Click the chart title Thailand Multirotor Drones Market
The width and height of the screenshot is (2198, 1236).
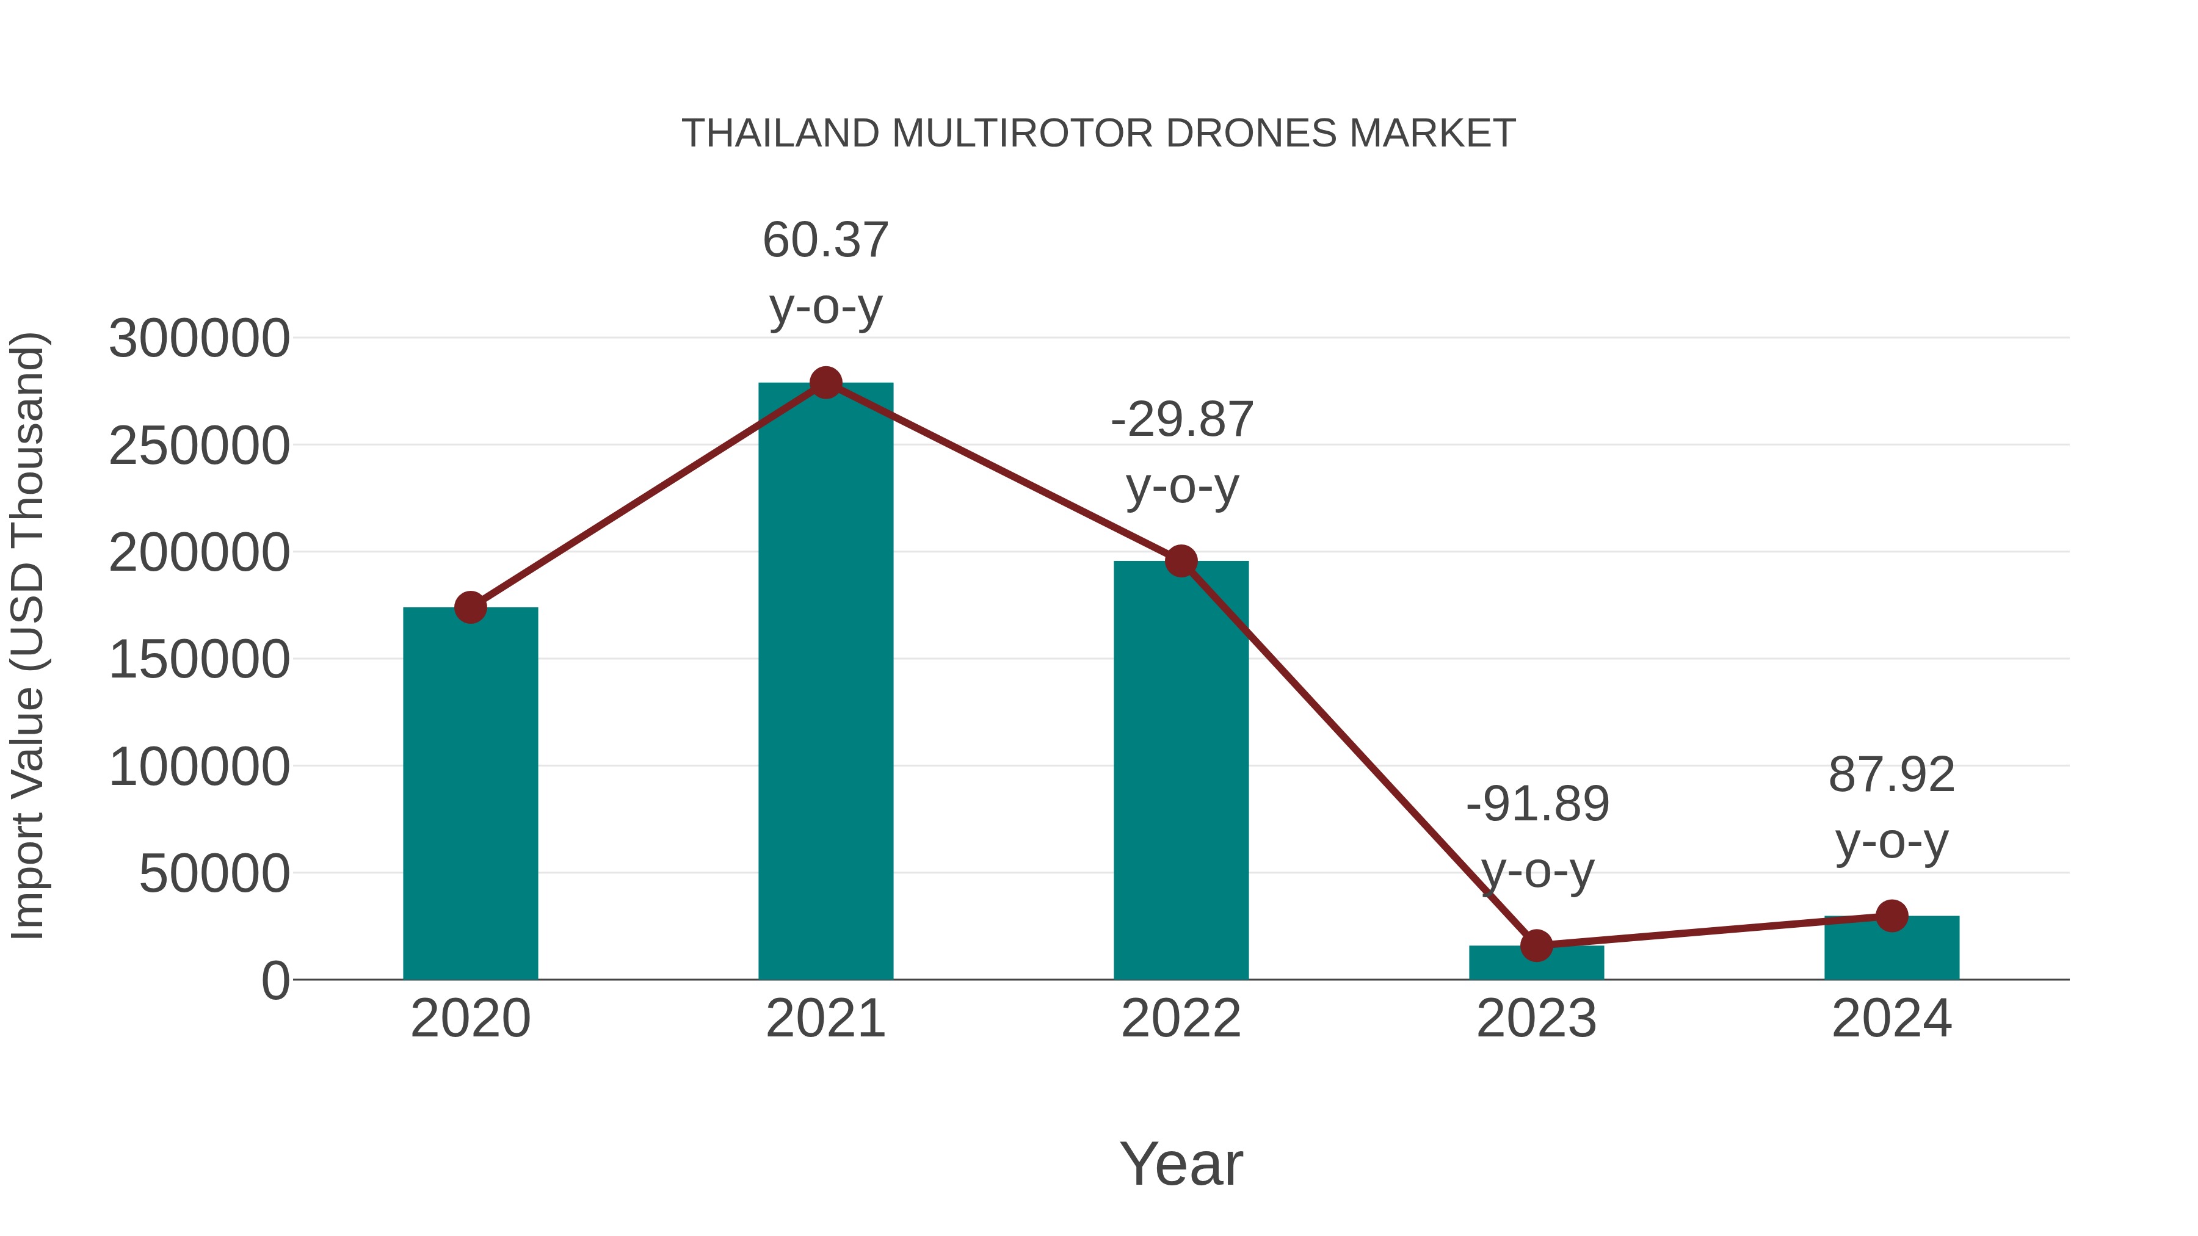(x=1098, y=134)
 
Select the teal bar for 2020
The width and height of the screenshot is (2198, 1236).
(x=470, y=793)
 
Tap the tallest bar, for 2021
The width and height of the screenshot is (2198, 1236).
(x=825, y=682)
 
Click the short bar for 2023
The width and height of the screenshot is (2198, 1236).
(x=1536, y=963)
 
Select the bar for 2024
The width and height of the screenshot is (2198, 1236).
(x=1892, y=948)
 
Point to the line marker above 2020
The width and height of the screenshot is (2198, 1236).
(x=470, y=607)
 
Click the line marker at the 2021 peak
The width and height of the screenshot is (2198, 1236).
(x=825, y=383)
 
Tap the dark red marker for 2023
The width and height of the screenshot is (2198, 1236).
(x=1536, y=945)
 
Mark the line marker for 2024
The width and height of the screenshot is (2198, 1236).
(x=1892, y=916)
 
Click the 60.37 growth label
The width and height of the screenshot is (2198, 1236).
(x=825, y=240)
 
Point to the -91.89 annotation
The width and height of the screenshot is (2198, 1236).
(x=1537, y=804)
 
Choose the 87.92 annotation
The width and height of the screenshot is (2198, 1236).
(x=1892, y=775)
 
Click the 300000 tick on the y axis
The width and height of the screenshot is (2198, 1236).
(x=199, y=339)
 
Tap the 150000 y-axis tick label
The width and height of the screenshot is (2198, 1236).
(x=199, y=660)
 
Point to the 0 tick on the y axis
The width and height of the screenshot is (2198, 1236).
(x=275, y=981)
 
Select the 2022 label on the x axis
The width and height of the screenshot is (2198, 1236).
(x=1181, y=1019)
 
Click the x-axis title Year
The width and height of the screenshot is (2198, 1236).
(x=1181, y=1163)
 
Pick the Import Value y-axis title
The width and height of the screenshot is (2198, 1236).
(x=27, y=635)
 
